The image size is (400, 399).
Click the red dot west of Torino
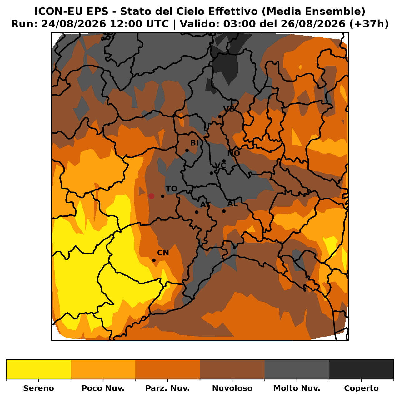coord(151,196)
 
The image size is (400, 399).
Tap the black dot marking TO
coord(162,196)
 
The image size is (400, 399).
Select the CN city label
coord(163,253)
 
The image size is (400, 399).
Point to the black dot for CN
coord(154,260)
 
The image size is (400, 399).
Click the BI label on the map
coord(194,143)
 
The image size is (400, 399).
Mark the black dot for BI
coord(187,150)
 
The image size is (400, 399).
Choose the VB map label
coord(229,109)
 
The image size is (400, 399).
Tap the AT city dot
coord(197,212)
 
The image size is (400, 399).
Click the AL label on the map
coord(232,204)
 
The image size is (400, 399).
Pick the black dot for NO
coord(224,161)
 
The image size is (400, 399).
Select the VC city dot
coord(211,173)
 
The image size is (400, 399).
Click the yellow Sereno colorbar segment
coord(39,369)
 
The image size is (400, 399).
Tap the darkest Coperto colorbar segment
coord(361,369)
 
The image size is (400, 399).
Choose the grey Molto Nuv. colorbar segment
coord(297,369)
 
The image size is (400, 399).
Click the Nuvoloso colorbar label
coord(232,388)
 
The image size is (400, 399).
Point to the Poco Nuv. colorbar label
coord(103,388)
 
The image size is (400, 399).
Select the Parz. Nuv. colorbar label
coord(167,388)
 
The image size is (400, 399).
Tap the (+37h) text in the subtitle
coord(369,24)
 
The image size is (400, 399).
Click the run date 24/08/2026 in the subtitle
coord(74,24)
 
